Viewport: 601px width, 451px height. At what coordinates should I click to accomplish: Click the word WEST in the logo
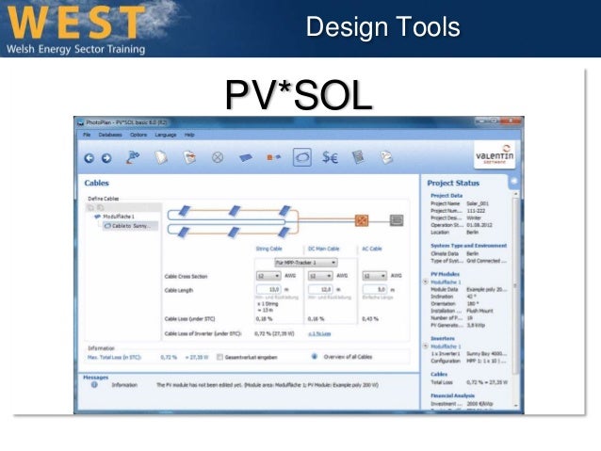pos(75,22)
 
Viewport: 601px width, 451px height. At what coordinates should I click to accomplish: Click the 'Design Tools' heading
pos(382,26)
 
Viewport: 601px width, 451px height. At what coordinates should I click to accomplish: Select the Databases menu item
pos(110,136)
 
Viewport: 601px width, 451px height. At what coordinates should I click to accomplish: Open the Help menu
pos(189,136)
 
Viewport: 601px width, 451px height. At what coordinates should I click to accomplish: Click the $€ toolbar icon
pos(330,158)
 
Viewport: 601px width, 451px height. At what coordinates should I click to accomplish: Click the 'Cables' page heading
pos(97,184)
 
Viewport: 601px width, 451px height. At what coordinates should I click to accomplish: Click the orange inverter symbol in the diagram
pos(360,219)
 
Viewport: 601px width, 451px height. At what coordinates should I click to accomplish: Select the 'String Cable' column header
pos(269,249)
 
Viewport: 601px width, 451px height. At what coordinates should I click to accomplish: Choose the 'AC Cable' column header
pos(373,249)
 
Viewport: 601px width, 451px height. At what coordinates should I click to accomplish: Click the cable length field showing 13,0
pos(273,290)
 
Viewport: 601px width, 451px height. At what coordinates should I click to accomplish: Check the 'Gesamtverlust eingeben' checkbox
pos(219,358)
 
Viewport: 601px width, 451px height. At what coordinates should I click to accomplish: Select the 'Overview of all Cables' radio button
pos(314,358)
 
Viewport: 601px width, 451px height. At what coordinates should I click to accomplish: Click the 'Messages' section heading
pos(96,377)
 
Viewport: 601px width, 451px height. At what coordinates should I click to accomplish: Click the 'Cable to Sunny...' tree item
pos(129,226)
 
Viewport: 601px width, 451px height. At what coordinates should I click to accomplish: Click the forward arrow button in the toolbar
pos(106,158)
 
